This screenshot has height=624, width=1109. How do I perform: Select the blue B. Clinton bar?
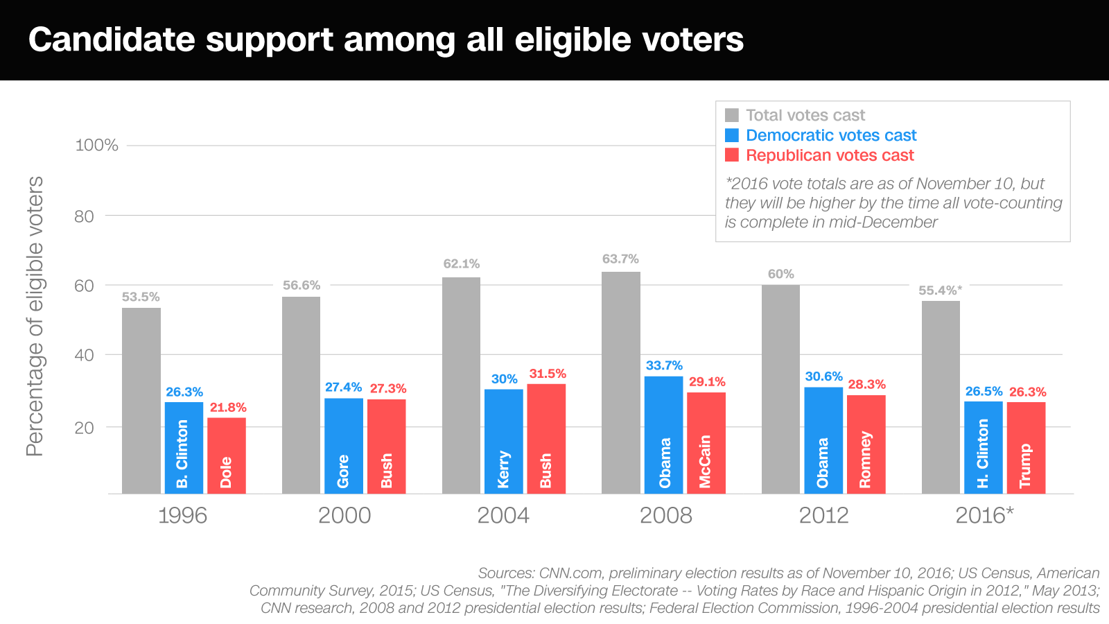[184, 448]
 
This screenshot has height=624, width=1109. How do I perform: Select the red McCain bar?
[706, 443]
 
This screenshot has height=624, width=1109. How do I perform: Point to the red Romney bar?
[866, 444]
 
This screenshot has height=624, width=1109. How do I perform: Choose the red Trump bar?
[1026, 448]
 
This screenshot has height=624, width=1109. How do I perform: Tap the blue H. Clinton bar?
[983, 447]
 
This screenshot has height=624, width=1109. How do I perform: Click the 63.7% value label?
[620, 259]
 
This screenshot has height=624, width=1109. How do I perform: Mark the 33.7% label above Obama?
[664, 365]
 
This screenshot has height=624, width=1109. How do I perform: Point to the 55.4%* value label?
[940, 291]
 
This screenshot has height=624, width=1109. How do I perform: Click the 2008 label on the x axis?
[665, 515]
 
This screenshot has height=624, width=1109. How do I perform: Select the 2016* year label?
[984, 515]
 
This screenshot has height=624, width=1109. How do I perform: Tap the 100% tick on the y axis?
[96, 146]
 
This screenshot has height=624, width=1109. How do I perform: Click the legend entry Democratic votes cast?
[830, 135]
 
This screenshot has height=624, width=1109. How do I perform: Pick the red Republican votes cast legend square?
[732, 155]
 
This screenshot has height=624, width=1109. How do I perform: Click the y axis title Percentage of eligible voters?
[35, 316]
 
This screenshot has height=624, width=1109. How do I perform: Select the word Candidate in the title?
[112, 40]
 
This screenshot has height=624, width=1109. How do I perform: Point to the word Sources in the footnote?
[505, 573]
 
